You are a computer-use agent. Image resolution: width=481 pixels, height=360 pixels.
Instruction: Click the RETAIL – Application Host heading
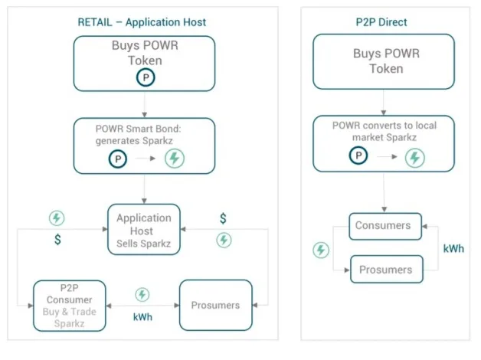[x=142, y=21]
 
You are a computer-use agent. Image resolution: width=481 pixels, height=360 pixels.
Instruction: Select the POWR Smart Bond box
[x=144, y=145]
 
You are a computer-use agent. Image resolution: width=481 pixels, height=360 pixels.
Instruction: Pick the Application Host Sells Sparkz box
[x=143, y=229]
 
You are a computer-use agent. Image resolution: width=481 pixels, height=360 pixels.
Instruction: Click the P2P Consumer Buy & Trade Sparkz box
[x=69, y=305]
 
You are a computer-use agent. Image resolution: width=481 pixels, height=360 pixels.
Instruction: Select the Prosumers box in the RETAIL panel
[x=215, y=305]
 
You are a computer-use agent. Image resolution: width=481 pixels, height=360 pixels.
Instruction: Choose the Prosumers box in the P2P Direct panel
[x=386, y=269]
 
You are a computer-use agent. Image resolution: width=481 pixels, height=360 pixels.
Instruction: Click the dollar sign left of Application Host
[x=57, y=241]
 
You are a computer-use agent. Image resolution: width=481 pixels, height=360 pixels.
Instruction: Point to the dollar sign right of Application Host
[x=223, y=219]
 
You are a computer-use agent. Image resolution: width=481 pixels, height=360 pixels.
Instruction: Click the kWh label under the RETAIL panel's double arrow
[x=142, y=316]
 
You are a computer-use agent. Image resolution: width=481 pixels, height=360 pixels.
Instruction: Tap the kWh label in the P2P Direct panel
[x=453, y=249]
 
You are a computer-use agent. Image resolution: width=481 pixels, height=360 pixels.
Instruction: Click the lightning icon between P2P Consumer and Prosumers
[x=142, y=295]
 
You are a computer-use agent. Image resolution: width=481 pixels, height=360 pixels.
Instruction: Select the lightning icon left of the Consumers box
[x=322, y=250]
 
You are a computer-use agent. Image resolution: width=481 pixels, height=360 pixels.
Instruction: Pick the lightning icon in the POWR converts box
[x=414, y=158]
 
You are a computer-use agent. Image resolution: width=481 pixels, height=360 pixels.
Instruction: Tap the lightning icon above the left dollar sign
[x=57, y=218]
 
